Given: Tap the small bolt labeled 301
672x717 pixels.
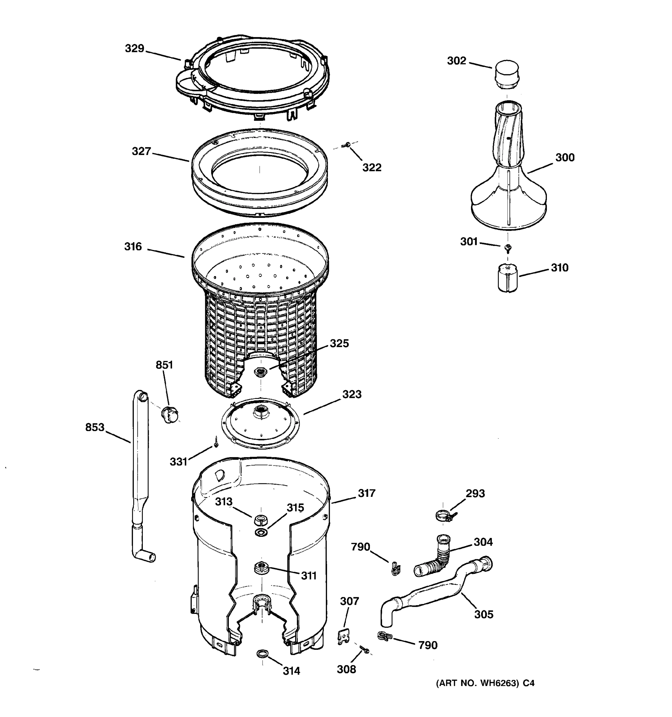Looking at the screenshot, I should (508, 247).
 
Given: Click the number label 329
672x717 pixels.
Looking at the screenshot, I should (134, 48).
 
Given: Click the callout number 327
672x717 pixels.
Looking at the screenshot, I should (141, 151).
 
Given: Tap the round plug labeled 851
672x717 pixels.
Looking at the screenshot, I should (169, 414).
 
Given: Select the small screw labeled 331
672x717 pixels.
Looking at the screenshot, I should (216, 442).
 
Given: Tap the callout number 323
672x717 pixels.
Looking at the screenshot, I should (352, 394).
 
